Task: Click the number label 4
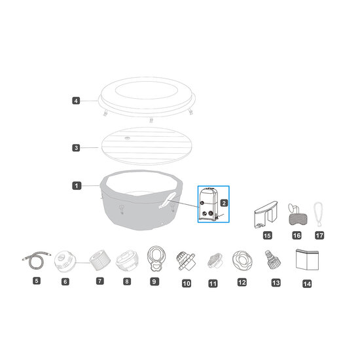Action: (76, 101)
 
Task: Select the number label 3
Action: (76, 148)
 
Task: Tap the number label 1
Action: (76, 186)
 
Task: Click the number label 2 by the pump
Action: (224, 204)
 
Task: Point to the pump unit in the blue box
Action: (211, 205)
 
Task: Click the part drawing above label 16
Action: (296, 214)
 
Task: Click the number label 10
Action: (187, 283)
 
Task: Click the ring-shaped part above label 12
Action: (242, 259)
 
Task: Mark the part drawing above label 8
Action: (126, 260)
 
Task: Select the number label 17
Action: (319, 234)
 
